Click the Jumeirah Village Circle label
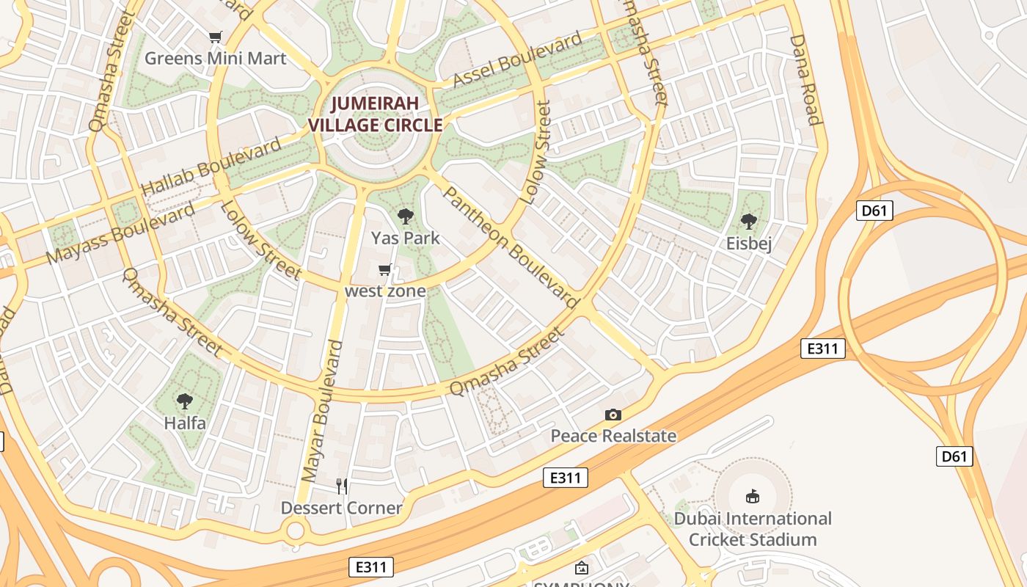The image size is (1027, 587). click(x=375, y=114)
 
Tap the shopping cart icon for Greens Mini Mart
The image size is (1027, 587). click(x=215, y=37)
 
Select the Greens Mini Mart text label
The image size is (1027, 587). click(x=215, y=59)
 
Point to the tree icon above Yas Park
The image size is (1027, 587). click(x=405, y=216)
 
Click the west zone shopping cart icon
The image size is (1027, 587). click(x=385, y=270)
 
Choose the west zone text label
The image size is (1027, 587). click(x=385, y=291)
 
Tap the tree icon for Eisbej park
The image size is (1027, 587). click(x=748, y=221)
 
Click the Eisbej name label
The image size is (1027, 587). click(x=748, y=244)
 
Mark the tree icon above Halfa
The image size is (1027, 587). click(x=185, y=401)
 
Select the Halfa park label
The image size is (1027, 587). click(x=185, y=423)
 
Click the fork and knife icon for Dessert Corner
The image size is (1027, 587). click(x=342, y=486)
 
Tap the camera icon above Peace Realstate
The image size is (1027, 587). click(x=613, y=415)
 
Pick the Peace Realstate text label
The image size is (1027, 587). click(x=613, y=436)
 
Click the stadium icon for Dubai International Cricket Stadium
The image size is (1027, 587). click(x=753, y=497)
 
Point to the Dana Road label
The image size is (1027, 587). click(x=804, y=79)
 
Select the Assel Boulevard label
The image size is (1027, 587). click(x=517, y=59)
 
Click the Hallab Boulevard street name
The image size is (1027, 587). click(x=211, y=166)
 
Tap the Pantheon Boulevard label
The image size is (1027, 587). click(x=511, y=247)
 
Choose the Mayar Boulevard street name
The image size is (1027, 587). click(x=322, y=412)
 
